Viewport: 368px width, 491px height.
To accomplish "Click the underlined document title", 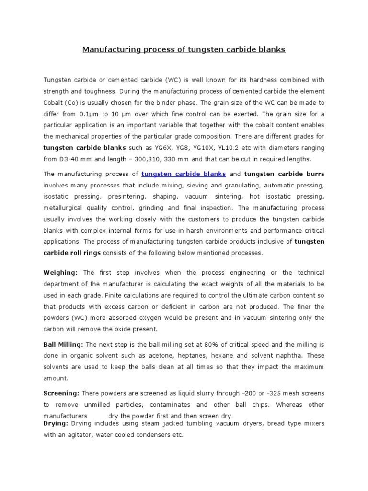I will pos(184,49).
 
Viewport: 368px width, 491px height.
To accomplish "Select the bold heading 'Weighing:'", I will pos(61,272).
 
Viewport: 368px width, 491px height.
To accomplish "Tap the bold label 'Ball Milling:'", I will pos(64,344).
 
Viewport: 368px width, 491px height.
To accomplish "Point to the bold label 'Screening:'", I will pos(61,393).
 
